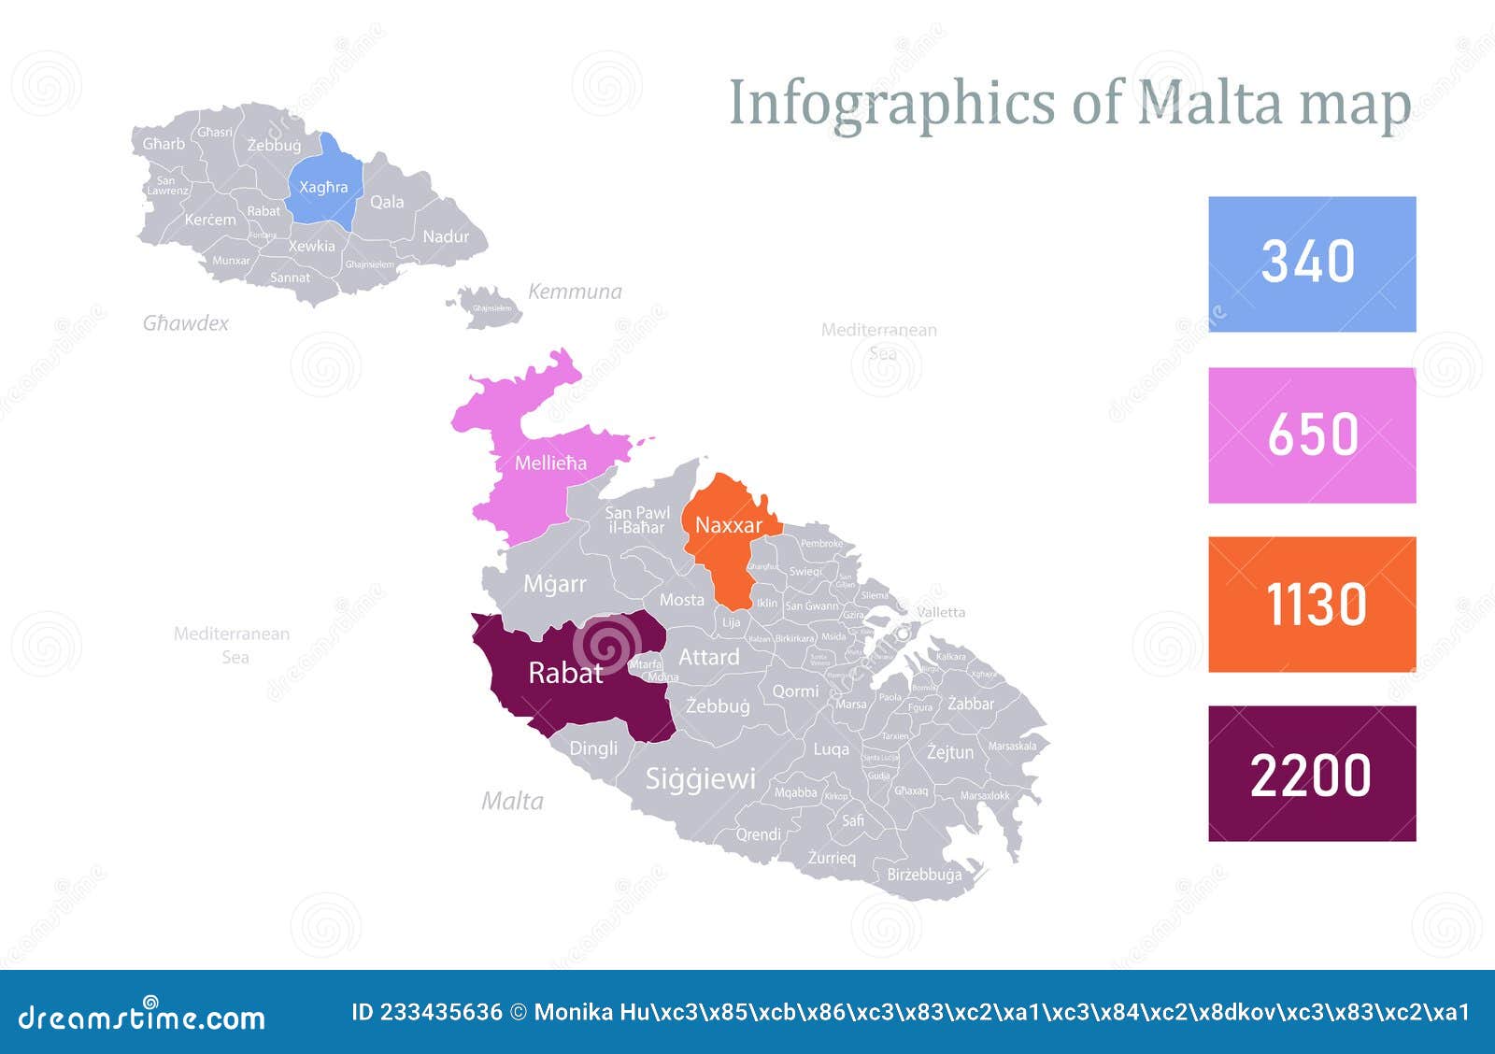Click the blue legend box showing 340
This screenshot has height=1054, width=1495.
click(x=1311, y=263)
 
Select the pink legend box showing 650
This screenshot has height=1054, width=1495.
click(x=1311, y=434)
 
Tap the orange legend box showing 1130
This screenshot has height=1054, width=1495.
click(x=1311, y=604)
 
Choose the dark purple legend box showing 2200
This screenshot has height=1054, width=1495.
click(x=1311, y=774)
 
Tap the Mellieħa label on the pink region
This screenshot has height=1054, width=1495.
click(x=550, y=463)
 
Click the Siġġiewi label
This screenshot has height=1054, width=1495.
click(x=700, y=778)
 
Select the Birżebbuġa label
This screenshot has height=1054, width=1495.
click(x=923, y=875)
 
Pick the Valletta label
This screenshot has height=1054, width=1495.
click(x=941, y=612)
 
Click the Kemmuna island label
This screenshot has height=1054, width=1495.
click(x=575, y=292)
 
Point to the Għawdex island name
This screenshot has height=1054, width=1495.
click(x=185, y=323)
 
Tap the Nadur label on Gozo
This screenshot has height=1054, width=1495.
click(x=446, y=236)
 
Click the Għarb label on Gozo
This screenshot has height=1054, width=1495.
click(x=164, y=144)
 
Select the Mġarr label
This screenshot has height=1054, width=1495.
click(x=555, y=584)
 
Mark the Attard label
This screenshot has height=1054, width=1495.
click(x=708, y=657)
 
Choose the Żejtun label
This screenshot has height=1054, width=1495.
click(x=949, y=751)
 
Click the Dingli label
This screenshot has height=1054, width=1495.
click(x=593, y=748)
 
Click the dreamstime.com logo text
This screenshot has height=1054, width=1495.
click(x=141, y=1017)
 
